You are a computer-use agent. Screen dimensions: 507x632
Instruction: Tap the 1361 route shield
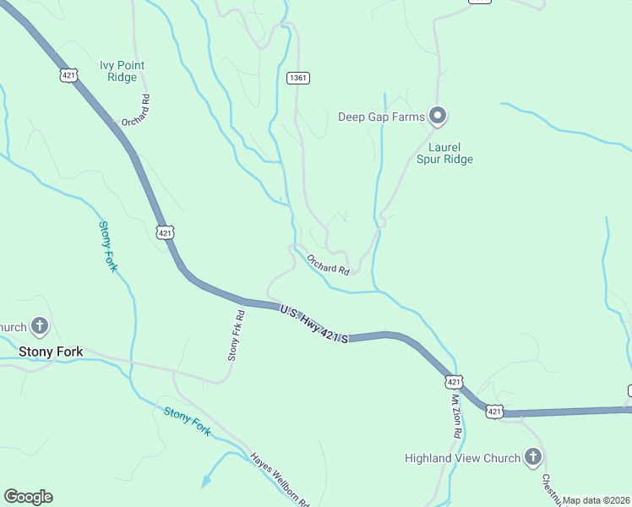click(297, 78)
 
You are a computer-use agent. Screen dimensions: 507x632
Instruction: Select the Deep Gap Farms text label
click(380, 117)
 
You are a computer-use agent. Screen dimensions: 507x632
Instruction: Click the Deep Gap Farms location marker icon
click(437, 116)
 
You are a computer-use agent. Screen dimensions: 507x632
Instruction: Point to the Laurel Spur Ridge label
click(444, 152)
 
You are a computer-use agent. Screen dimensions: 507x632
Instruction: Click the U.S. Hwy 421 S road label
click(315, 324)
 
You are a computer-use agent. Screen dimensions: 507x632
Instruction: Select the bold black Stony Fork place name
click(51, 351)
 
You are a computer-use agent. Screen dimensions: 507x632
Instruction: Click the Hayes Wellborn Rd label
click(280, 479)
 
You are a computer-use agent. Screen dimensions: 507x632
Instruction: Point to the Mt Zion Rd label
click(456, 415)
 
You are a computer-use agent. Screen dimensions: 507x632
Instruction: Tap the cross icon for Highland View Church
click(532, 457)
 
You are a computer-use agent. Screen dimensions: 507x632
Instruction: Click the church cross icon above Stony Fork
click(39, 325)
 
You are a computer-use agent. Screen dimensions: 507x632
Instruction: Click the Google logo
click(28, 497)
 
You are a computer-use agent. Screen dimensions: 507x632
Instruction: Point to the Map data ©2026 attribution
click(596, 500)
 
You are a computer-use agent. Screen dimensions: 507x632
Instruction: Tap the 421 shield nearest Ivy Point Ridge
click(68, 75)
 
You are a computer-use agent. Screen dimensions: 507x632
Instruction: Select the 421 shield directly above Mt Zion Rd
click(455, 382)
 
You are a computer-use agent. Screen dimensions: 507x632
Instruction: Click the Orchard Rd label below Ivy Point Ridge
click(135, 110)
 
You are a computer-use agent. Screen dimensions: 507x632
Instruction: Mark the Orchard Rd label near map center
click(328, 264)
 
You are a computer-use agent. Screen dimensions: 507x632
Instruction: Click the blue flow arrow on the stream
click(204, 482)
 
